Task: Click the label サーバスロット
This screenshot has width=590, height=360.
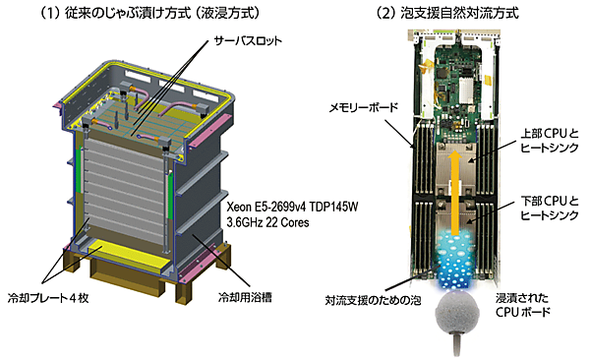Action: tap(248, 40)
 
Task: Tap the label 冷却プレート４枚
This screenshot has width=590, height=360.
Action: tap(48, 298)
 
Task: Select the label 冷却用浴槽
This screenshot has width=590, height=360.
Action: tap(245, 297)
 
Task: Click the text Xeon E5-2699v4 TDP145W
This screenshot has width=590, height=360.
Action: tap(292, 207)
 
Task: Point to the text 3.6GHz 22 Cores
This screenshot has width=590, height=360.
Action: tap(267, 222)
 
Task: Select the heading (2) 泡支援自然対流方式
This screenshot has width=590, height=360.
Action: tap(447, 14)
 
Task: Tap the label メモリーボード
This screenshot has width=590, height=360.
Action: tap(364, 108)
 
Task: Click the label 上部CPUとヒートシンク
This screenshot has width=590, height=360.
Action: tap(550, 140)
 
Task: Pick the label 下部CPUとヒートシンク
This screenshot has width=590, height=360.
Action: tap(550, 208)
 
